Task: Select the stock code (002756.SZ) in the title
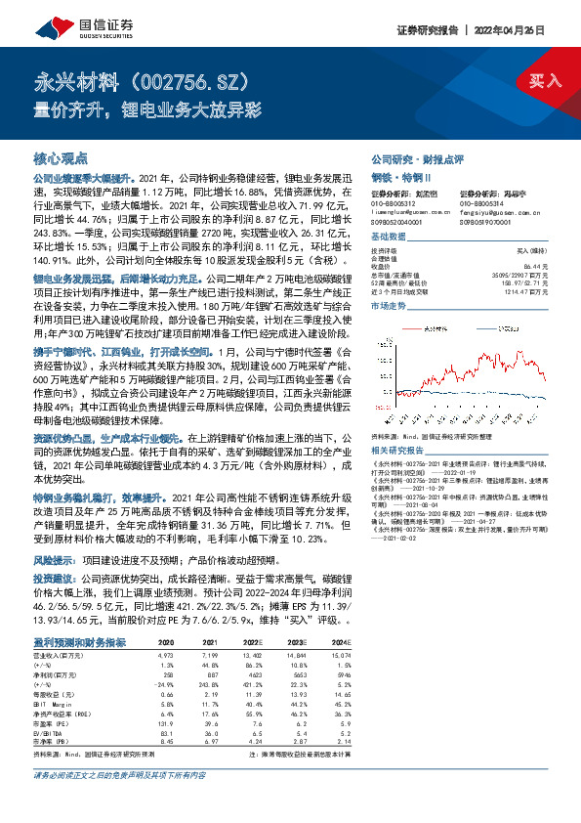click(x=186, y=80)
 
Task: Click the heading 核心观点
click(x=61, y=157)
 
